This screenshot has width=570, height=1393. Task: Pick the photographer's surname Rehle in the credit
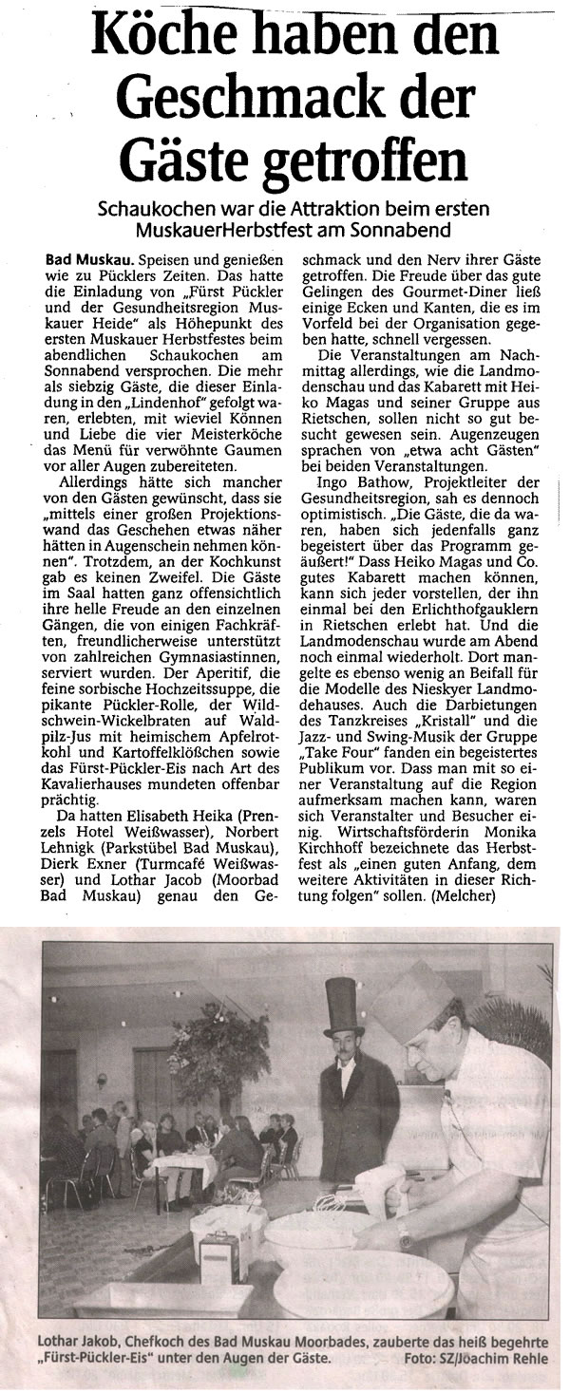[x=538, y=1360]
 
